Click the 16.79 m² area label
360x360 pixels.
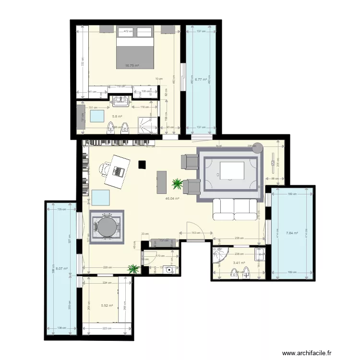[x=132, y=66]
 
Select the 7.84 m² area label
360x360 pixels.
[x=292, y=234]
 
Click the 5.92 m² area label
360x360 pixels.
[x=107, y=305]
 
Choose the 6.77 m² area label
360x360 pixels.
[x=201, y=80]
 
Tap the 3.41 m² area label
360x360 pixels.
[x=239, y=263]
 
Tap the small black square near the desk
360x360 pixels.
[x=142, y=165]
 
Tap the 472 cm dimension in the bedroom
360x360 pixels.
[x=128, y=32]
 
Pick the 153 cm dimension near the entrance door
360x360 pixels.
[x=195, y=233]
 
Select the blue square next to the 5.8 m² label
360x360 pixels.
[x=98, y=117]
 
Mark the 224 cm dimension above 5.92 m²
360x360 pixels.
[x=107, y=283]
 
